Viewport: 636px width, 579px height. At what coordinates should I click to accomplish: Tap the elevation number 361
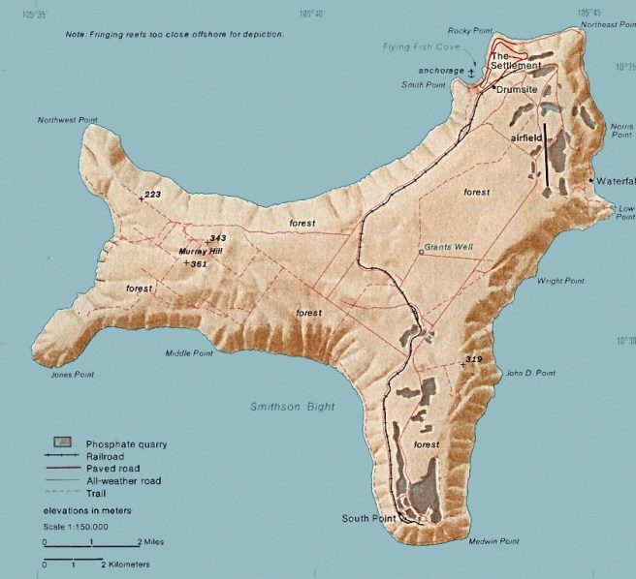200,263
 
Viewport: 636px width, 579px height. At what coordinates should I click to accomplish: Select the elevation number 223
151,196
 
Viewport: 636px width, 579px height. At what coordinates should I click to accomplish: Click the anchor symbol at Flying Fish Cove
472,71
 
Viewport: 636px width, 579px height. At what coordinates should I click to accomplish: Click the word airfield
525,137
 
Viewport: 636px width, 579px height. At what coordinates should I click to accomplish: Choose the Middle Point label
189,353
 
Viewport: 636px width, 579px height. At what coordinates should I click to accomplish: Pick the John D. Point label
531,373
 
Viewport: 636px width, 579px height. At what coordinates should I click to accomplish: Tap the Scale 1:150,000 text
75,525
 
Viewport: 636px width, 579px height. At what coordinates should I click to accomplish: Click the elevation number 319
473,360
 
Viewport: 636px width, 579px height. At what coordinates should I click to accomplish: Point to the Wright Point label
560,281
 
